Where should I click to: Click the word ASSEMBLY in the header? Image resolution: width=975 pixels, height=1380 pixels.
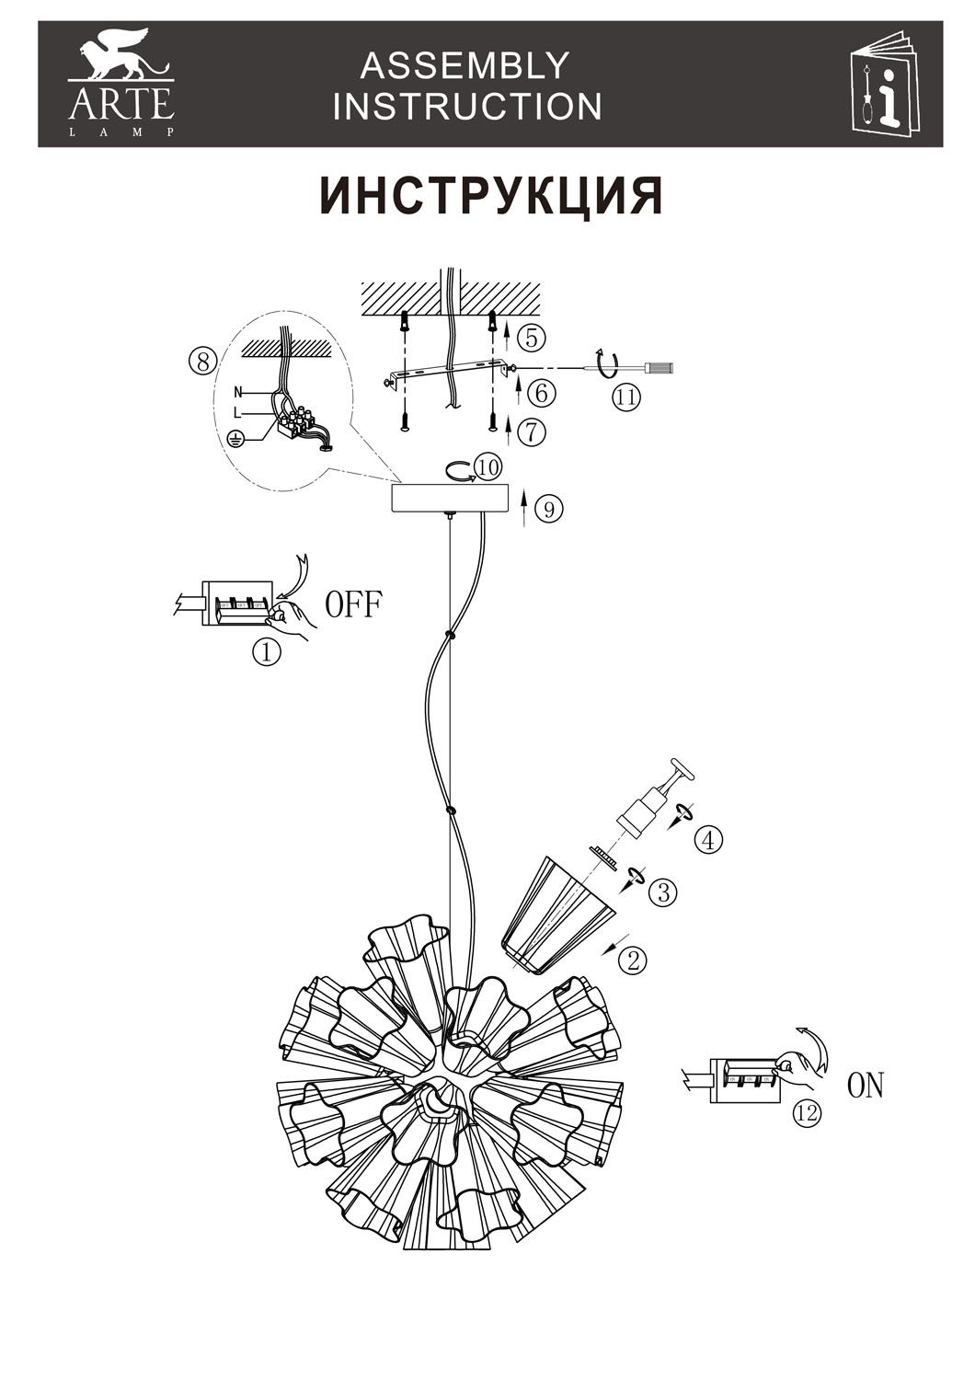pos(465,66)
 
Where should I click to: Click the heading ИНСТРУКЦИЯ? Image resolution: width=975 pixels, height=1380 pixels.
pos(491,196)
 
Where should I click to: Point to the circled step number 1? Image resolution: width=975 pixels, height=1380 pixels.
pos(267,651)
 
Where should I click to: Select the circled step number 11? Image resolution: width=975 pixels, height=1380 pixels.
pos(625,397)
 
